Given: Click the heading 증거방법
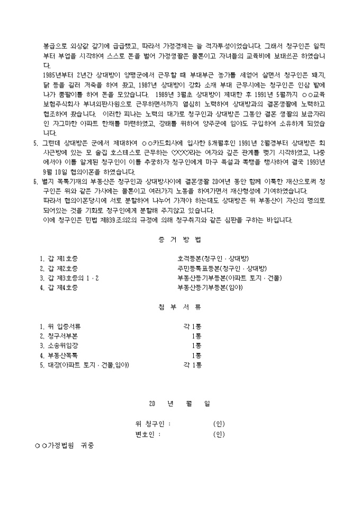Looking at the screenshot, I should tap(180, 240).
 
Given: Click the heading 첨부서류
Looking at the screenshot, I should tap(180, 307).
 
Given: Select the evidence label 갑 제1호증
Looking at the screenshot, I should tap(59, 259).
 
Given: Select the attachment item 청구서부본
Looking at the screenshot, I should tap(59, 336).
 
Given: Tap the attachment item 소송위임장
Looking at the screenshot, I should tap(59, 346).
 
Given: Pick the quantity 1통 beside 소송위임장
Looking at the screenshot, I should tap(196, 346).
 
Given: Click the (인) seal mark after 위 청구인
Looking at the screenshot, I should tap(219, 424).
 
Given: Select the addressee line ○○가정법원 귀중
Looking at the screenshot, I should tap(64, 446).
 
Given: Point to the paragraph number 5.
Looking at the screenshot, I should tap(35, 142).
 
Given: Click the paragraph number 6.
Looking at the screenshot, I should tap(35, 181).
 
